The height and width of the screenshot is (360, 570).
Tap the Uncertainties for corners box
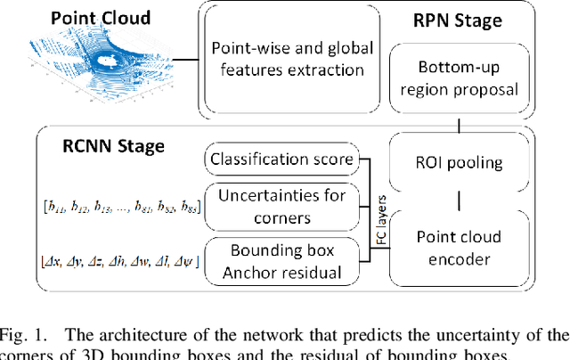[281, 205]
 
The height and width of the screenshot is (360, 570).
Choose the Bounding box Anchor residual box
[281, 259]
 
